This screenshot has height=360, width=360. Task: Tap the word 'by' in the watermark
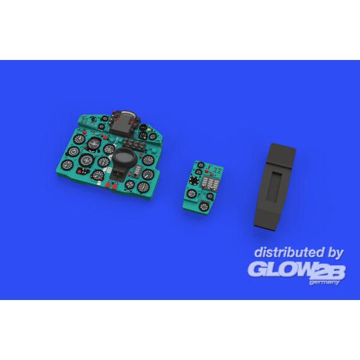335,253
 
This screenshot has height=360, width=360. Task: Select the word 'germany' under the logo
324,282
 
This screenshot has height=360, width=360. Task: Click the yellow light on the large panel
150,129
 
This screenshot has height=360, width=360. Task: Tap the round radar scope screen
123,157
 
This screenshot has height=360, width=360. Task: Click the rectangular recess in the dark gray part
274,187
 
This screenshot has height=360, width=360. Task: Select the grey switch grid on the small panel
210,183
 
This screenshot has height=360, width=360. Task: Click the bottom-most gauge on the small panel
203,207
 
